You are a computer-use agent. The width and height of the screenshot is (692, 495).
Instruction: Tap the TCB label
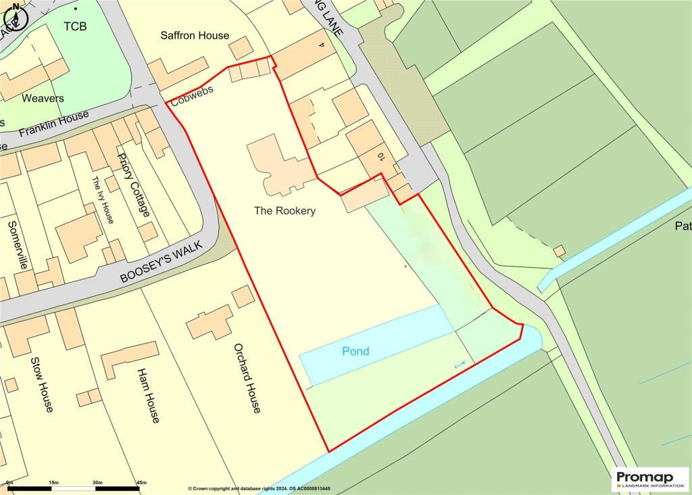[x=76, y=26]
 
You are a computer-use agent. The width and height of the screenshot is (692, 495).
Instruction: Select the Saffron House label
[x=195, y=35]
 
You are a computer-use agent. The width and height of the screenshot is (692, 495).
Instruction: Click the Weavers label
[x=43, y=98]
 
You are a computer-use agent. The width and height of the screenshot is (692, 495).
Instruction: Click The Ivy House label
[x=103, y=200]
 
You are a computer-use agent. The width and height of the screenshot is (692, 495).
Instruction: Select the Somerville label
[x=18, y=244]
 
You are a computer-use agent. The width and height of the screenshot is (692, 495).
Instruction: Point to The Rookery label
[x=285, y=211]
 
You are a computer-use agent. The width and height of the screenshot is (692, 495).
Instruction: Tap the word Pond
[x=355, y=351]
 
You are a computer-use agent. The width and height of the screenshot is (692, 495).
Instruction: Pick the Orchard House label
[x=246, y=378]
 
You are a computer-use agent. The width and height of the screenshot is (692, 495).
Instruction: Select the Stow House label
[x=42, y=383]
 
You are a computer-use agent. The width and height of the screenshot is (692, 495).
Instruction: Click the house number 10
[x=381, y=157]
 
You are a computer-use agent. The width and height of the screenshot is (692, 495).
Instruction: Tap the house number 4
[x=322, y=45]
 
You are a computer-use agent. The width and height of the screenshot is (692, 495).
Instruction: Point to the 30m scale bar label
[x=97, y=482]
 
